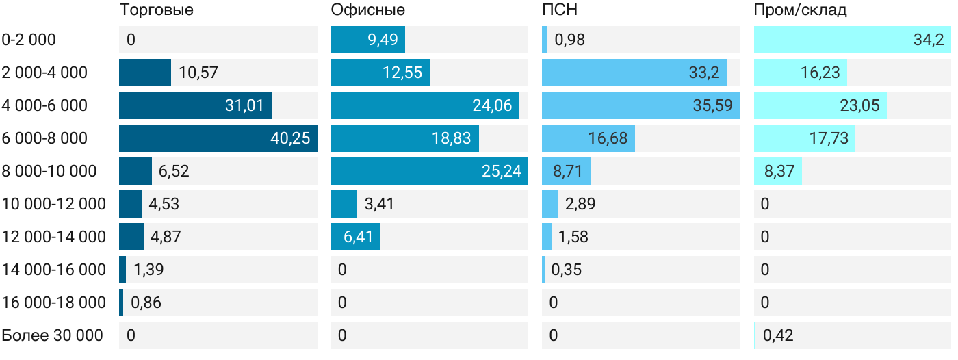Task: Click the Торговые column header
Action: click(x=156, y=10)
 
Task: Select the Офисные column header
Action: click(x=367, y=10)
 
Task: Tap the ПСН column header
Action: click(x=555, y=10)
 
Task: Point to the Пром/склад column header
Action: click(x=800, y=10)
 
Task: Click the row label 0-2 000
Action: click(x=29, y=40)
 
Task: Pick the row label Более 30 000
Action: click(x=53, y=335)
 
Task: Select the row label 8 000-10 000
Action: click(x=49, y=171)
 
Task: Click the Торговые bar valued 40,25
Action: click(x=218, y=138)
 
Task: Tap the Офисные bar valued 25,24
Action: click(x=430, y=171)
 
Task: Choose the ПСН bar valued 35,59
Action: click(x=640, y=105)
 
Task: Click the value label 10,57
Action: click(x=198, y=73)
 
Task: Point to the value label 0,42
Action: click(x=778, y=335)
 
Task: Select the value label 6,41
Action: click(x=355, y=237)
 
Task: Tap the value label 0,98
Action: click(x=569, y=40)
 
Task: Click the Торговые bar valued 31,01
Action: click(x=195, y=105)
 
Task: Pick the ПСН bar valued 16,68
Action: click(x=588, y=138)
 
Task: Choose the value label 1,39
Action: click(x=148, y=270)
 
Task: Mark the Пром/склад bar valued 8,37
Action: click(x=777, y=171)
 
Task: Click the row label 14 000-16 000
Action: click(x=54, y=270)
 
